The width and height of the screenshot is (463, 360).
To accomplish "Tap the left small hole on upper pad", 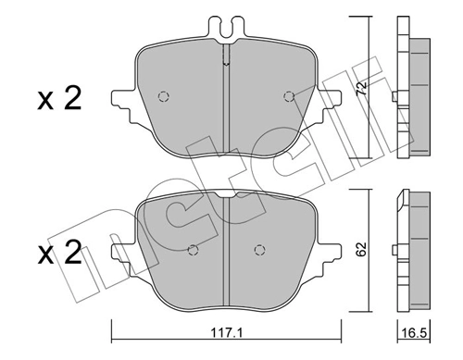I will pos(164,95).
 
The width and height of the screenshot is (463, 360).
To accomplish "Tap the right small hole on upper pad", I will pos(289,95).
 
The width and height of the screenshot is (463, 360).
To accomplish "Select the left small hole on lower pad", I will pos(194,248).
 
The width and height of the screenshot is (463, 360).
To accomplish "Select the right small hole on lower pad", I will pos(260,248).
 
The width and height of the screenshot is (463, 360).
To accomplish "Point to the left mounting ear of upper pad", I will pos(120,99).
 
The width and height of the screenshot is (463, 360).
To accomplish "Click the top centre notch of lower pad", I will pos(227,194).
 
